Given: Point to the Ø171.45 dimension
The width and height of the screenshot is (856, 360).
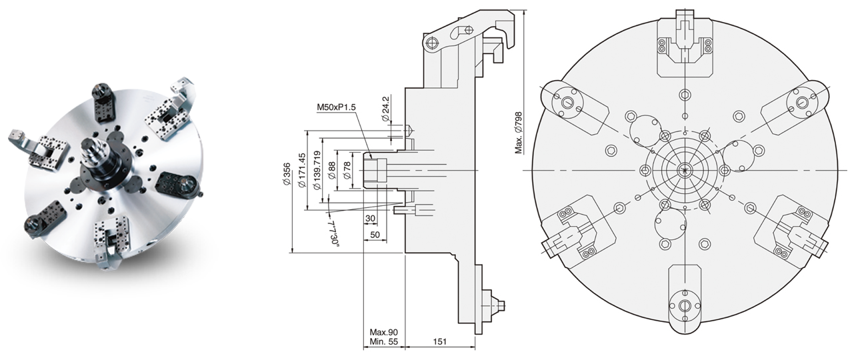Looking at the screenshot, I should coord(302,167).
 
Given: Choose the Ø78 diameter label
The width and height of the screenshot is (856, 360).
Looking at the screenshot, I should coord(346,170).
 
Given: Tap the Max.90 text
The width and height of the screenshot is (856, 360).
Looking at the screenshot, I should coord(384,332).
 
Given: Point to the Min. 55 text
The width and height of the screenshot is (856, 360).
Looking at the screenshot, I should coord(384,342).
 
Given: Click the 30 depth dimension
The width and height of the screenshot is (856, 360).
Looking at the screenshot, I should coord(371,218).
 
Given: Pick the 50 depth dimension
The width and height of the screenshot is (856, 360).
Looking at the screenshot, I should coord(374,235).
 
